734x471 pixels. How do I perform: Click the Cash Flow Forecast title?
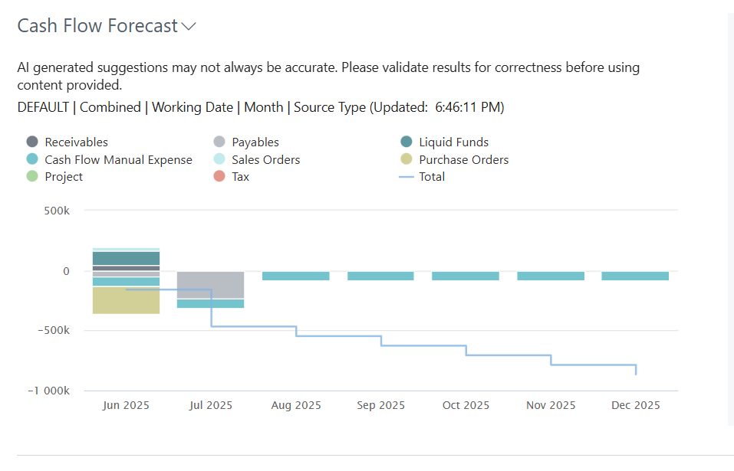pyautogui.click(x=97, y=26)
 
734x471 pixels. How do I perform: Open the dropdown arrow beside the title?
pyautogui.click(x=189, y=27)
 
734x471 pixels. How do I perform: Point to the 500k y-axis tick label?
pyautogui.click(x=57, y=211)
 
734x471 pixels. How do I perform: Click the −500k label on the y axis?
pyautogui.click(x=54, y=330)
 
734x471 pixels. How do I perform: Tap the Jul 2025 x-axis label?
pyautogui.click(x=211, y=405)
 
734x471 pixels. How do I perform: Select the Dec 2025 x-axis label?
pyautogui.click(x=636, y=405)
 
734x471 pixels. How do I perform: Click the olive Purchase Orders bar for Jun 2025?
pyautogui.click(x=126, y=300)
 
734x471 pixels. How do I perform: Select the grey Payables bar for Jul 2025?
pyautogui.click(x=211, y=285)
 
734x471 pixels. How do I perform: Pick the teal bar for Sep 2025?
pyautogui.click(x=380, y=276)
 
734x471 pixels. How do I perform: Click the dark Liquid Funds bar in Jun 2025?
pyautogui.click(x=126, y=258)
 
